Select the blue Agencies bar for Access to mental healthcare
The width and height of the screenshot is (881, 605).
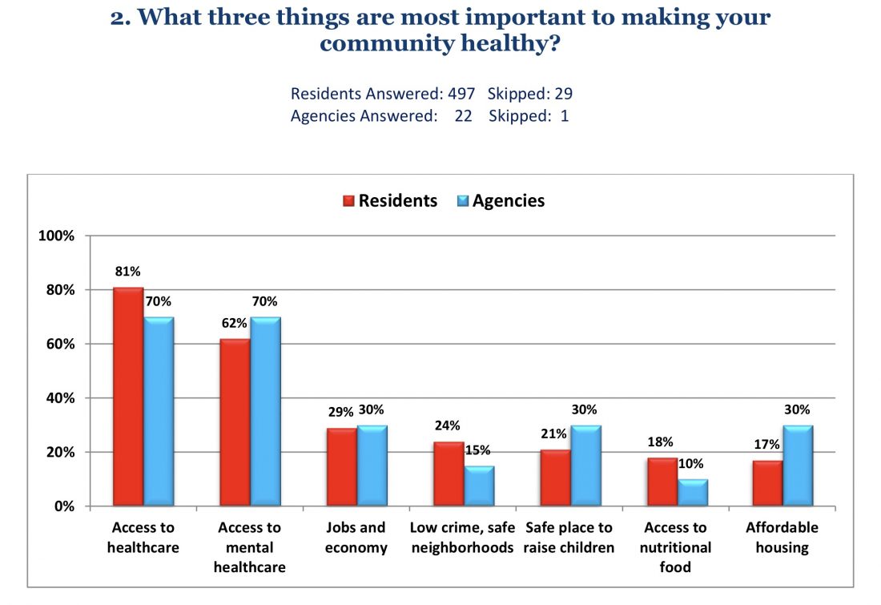pyautogui.click(x=265, y=412)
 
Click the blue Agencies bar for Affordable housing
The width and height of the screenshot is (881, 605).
pyautogui.click(x=798, y=466)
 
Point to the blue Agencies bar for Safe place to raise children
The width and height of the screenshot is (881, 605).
pyautogui.click(x=585, y=466)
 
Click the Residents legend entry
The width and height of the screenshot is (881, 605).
pyautogui.click(x=390, y=201)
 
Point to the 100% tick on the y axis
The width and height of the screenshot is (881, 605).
pyautogui.click(x=57, y=236)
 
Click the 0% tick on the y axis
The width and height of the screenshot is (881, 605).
pyautogui.click(x=63, y=506)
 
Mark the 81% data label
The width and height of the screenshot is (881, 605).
pyautogui.click(x=127, y=272)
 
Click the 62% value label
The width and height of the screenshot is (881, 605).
pyautogui.click(x=234, y=324)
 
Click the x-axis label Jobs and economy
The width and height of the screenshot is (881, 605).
pyautogui.click(x=356, y=538)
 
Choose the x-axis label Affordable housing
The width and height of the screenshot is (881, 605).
pyautogui.click(x=782, y=538)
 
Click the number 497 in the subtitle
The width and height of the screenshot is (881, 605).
pyautogui.click(x=461, y=94)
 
